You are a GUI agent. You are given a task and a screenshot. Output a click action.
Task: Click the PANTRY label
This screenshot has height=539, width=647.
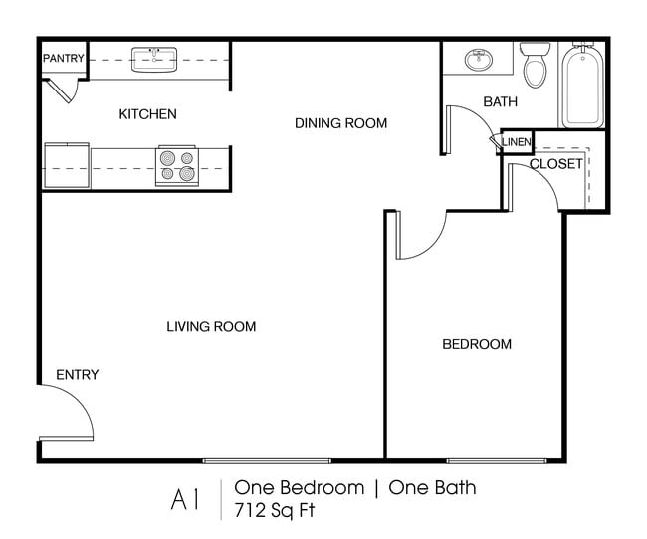tap(63, 59)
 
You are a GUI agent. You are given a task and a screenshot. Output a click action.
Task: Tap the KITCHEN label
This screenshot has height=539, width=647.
tap(147, 114)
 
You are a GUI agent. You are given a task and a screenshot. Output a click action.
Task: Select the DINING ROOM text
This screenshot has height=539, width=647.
tap(340, 123)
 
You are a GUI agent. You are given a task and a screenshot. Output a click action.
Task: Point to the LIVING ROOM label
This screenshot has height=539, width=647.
tap(211, 326)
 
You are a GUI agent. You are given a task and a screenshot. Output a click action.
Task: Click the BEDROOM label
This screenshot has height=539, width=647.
tap(476, 344)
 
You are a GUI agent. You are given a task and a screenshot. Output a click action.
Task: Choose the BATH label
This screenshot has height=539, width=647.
tap(499, 101)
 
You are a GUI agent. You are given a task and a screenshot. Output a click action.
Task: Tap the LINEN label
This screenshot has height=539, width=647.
tap(517, 143)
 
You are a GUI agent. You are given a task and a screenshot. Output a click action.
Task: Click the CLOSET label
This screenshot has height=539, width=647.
tap(555, 164)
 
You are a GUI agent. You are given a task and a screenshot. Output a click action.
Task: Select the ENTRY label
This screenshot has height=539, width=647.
tap(77, 375)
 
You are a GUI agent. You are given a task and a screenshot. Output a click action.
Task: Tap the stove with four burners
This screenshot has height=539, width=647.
tap(177, 165)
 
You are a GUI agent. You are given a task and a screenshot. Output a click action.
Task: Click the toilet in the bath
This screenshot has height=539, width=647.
tap(537, 66)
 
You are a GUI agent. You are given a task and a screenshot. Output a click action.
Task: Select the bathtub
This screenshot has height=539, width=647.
tap(582, 87)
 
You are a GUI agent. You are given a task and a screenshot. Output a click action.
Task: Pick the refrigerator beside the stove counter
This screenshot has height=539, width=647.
tap(67, 165)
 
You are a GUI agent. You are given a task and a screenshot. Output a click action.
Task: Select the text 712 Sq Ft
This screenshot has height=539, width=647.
tap(273, 511)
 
